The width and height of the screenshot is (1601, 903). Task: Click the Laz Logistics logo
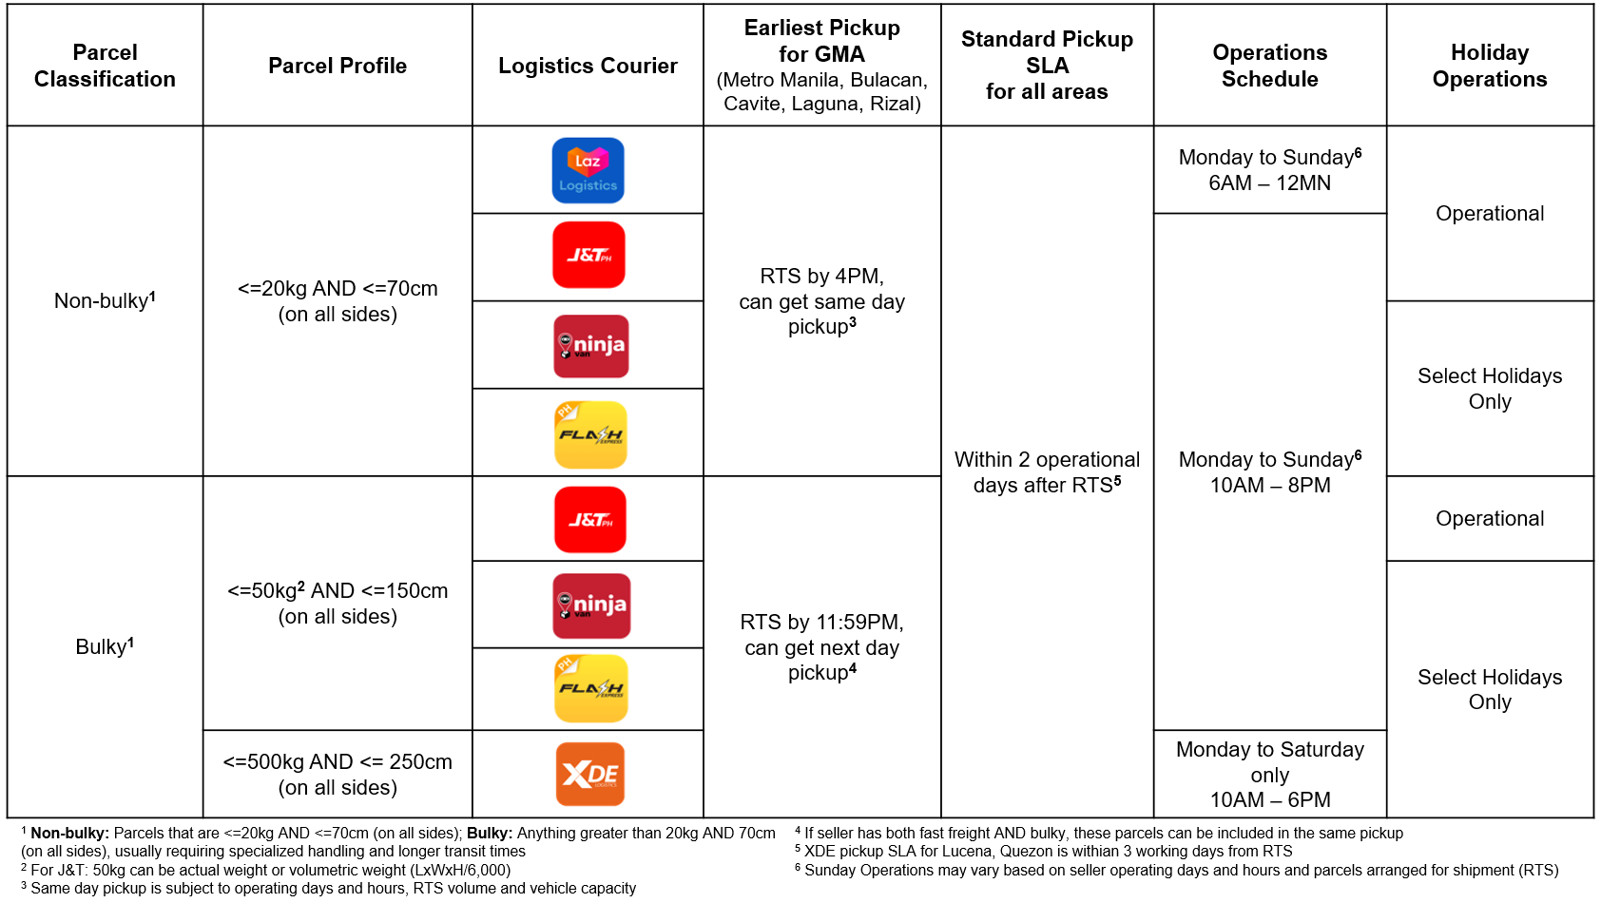[x=588, y=171]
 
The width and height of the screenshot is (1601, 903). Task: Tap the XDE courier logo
[x=589, y=774]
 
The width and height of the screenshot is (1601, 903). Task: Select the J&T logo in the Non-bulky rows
[x=588, y=255]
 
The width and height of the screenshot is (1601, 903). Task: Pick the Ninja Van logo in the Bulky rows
[x=590, y=605]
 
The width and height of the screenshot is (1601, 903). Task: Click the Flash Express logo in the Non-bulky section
[x=590, y=434]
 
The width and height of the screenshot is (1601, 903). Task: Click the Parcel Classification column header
[x=105, y=66]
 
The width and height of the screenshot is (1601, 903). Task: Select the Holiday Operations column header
[x=1489, y=66]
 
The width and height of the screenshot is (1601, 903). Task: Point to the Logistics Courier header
[x=588, y=66]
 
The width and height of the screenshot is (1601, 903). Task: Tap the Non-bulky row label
[x=105, y=300]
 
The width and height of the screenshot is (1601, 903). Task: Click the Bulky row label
[x=105, y=646]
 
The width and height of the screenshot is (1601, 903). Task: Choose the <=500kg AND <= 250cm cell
[x=338, y=774]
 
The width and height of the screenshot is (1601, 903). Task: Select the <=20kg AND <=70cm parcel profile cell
[x=338, y=300]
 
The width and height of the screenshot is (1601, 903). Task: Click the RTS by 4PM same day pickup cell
[x=821, y=300]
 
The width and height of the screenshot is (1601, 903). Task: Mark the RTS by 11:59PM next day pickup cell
[x=821, y=646]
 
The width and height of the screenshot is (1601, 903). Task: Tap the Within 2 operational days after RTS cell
[x=1047, y=471]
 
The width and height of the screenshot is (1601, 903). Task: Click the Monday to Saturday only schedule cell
[x=1269, y=774]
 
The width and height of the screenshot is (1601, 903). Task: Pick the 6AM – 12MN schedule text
[x=1269, y=183]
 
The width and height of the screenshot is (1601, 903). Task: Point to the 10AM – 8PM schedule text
[x=1269, y=486]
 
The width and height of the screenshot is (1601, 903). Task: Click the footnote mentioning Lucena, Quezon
[x=1046, y=852]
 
